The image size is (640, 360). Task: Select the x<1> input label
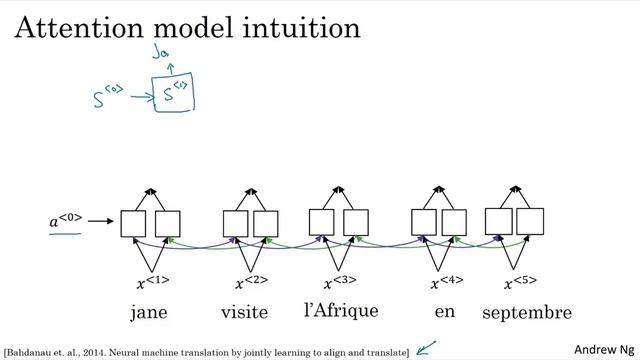(x=153, y=283)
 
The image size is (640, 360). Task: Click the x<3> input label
(x=340, y=283)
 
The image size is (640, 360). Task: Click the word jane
(x=149, y=313)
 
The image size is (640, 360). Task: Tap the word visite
(x=245, y=313)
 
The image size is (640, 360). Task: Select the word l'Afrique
(x=341, y=310)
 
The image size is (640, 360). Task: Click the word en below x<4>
(x=445, y=312)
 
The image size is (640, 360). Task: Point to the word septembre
(x=527, y=313)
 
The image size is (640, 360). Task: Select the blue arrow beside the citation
(x=428, y=349)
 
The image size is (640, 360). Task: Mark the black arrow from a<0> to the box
(x=103, y=223)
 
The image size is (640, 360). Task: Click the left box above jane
(x=133, y=224)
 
